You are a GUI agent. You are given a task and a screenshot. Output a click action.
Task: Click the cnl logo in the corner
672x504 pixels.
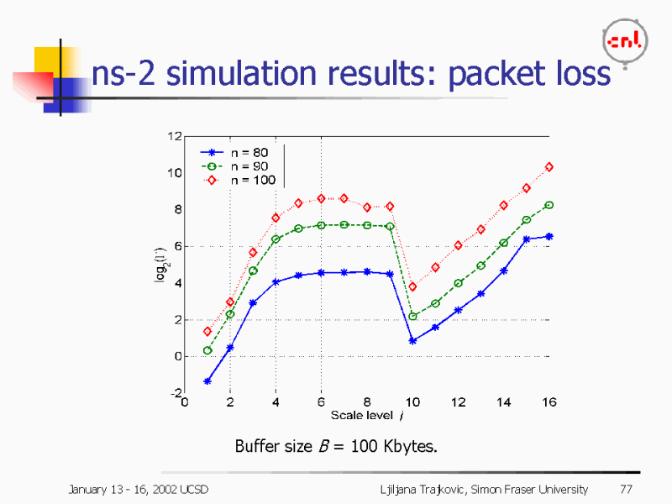[x=625, y=41]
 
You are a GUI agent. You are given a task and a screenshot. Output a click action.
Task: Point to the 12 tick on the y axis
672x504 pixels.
[x=175, y=136]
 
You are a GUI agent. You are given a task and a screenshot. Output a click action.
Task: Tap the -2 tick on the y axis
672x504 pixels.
[x=176, y=393]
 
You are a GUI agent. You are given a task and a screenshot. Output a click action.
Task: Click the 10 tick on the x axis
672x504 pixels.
[x=412, y=402]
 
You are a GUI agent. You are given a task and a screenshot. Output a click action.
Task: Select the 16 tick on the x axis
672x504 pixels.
[x=549, y=402]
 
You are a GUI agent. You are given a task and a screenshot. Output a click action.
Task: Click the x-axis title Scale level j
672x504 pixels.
[x=366, y=415]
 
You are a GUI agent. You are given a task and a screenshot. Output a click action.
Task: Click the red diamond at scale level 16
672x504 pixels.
[x=549, y=167]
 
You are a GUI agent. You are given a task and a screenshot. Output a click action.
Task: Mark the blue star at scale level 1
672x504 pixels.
[x=207, y=381]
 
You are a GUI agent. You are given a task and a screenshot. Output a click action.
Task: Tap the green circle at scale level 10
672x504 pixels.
[x=412, y=317]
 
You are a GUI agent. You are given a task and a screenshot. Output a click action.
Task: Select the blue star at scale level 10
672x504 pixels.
[x=412, y=341]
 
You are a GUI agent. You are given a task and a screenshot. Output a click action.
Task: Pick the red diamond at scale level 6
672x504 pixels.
[x=321, y=198]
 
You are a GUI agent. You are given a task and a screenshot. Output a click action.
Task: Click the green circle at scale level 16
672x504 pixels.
[x=549, y=205]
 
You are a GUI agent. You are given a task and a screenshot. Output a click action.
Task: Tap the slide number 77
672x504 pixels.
[x=625, y=489]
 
